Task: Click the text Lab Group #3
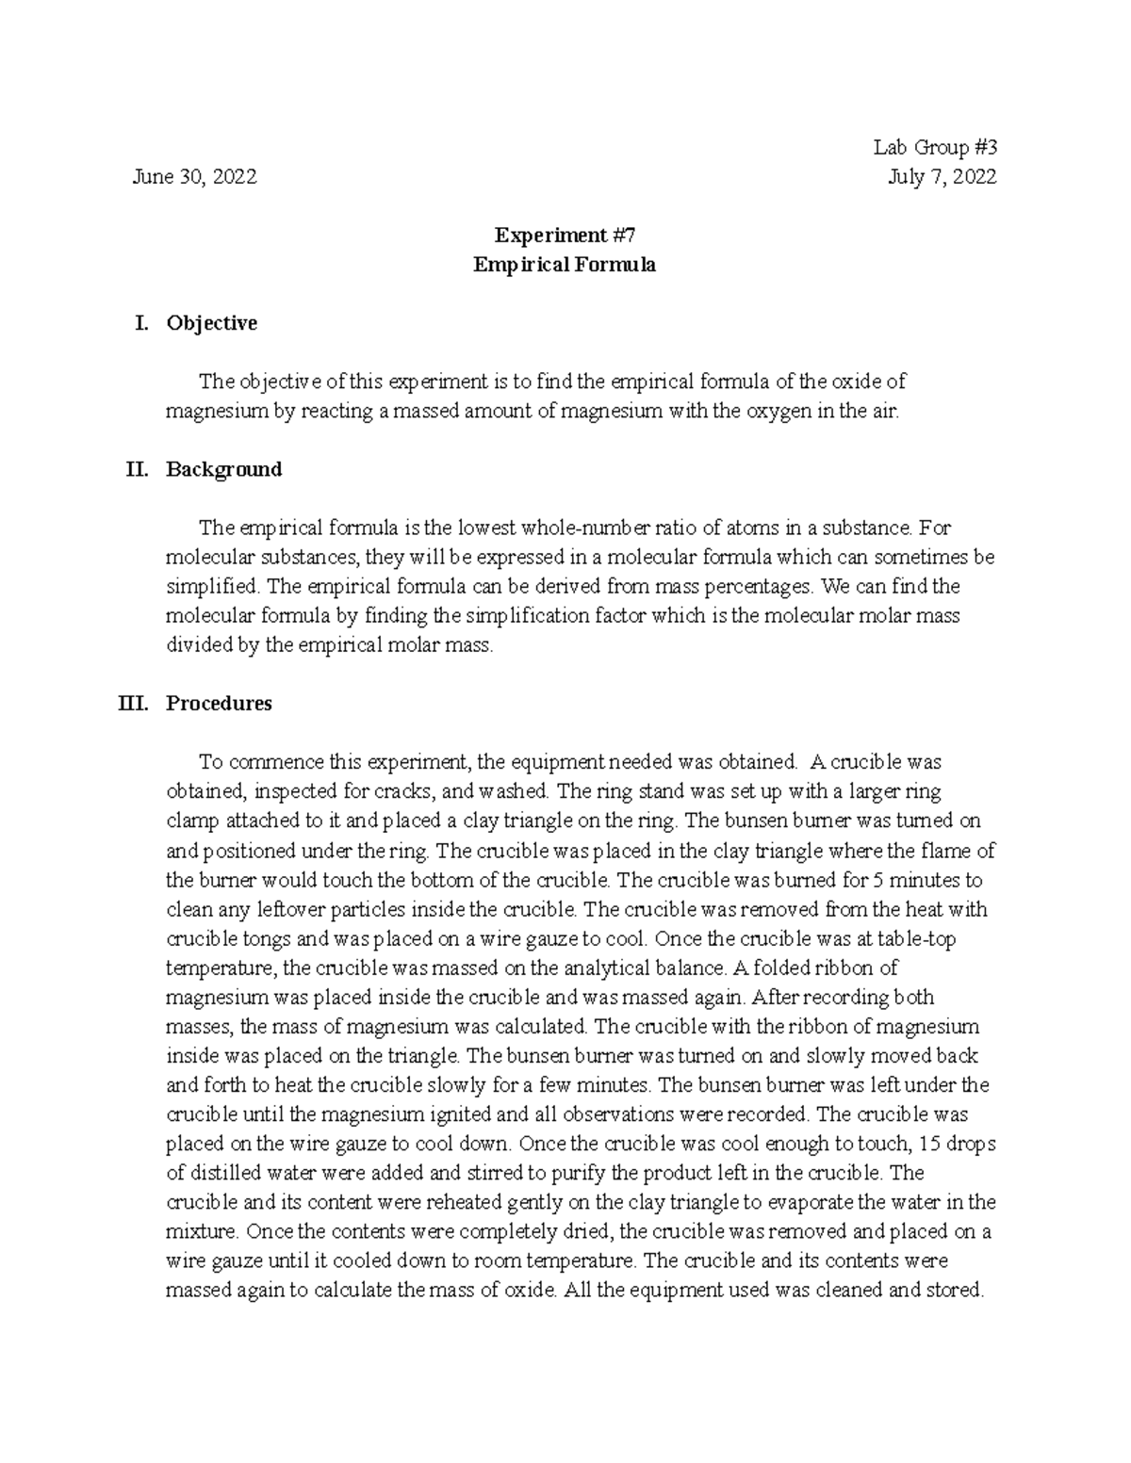934,148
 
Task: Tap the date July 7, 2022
942,177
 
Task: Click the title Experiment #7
564,236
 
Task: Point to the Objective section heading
211,323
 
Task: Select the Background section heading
223,469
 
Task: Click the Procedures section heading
219,703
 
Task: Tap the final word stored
955,1290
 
